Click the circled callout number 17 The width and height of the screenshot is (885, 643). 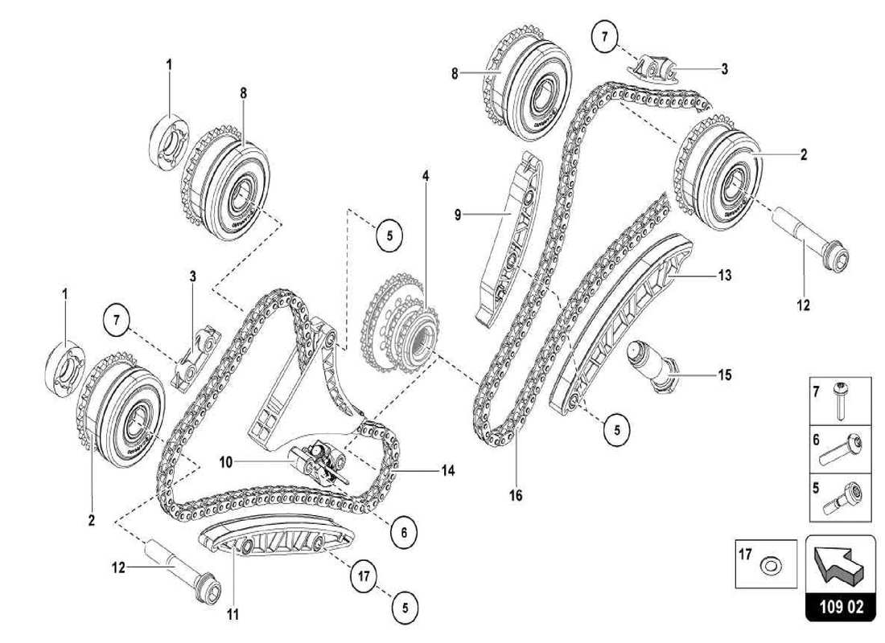364,575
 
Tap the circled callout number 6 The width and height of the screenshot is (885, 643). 404,530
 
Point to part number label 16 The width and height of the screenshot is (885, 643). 516,496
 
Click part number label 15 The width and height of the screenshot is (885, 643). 725,375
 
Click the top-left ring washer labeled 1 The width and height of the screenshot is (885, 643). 171,142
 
